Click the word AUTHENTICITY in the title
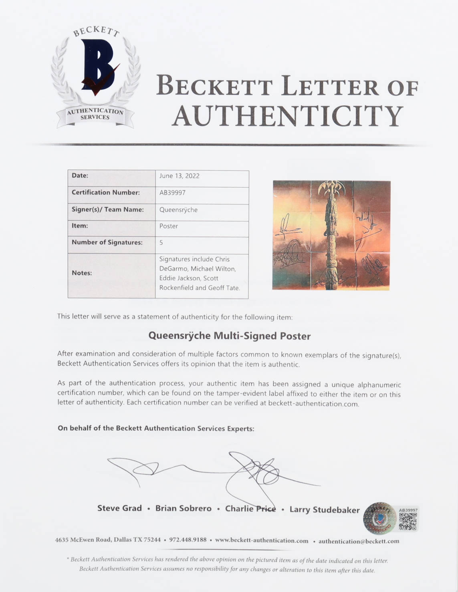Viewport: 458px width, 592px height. click(287, 116)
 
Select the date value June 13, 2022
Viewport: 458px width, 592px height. click(179, 176)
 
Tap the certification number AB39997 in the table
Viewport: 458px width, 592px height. click(172, 193)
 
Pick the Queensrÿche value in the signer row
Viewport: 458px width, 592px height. click(178, 209)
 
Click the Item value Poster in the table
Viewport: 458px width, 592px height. click(169, 226)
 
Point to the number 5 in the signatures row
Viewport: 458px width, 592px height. click(161, 242)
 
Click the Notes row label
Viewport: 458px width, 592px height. click(82, 273)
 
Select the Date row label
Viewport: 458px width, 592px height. click(80, 175)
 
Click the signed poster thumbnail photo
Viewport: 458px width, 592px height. click(331, 235)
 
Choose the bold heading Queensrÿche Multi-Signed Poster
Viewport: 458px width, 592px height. click(229, 336)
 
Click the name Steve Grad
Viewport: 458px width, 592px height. click(119, 508)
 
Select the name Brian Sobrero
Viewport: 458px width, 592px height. click(183, 508)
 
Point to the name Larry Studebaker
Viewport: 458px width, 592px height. click(324, 509)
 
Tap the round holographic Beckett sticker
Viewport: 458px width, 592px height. click(379, 518)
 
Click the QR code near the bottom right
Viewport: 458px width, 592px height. click(408, 521)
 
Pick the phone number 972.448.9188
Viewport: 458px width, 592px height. click(188, 540)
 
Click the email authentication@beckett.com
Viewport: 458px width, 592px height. click(359, 541)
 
